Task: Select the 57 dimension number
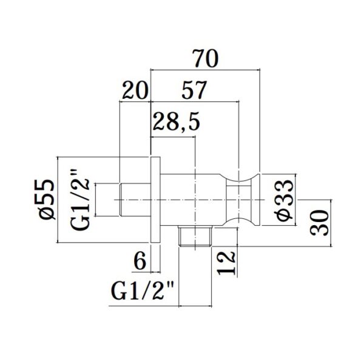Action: click(x=194, y=90)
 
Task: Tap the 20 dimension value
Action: click(x=135, y=90)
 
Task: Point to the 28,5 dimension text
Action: click(x=176, y=121)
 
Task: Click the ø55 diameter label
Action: click(x=47, y=199)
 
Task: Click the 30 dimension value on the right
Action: click(x=320, y=223)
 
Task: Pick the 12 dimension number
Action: click(x=227, y=263)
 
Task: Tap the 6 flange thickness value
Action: click(x=140, y=260)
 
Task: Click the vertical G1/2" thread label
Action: click(x=81, y=199)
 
